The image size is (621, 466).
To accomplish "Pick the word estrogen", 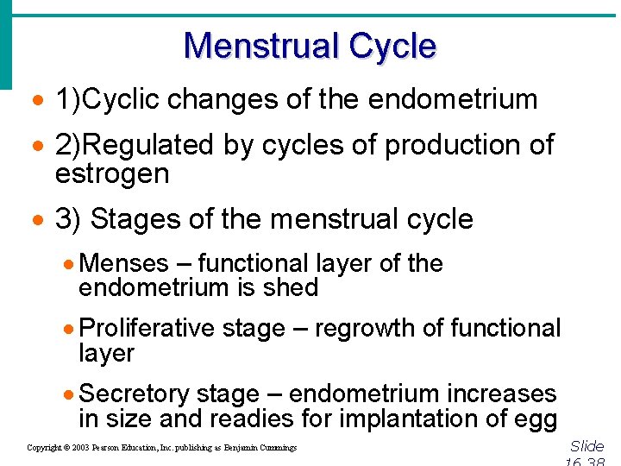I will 112,173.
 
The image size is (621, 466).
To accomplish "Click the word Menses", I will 123,263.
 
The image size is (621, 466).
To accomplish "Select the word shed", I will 296,287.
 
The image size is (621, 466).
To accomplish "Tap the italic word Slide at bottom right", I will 587,446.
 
